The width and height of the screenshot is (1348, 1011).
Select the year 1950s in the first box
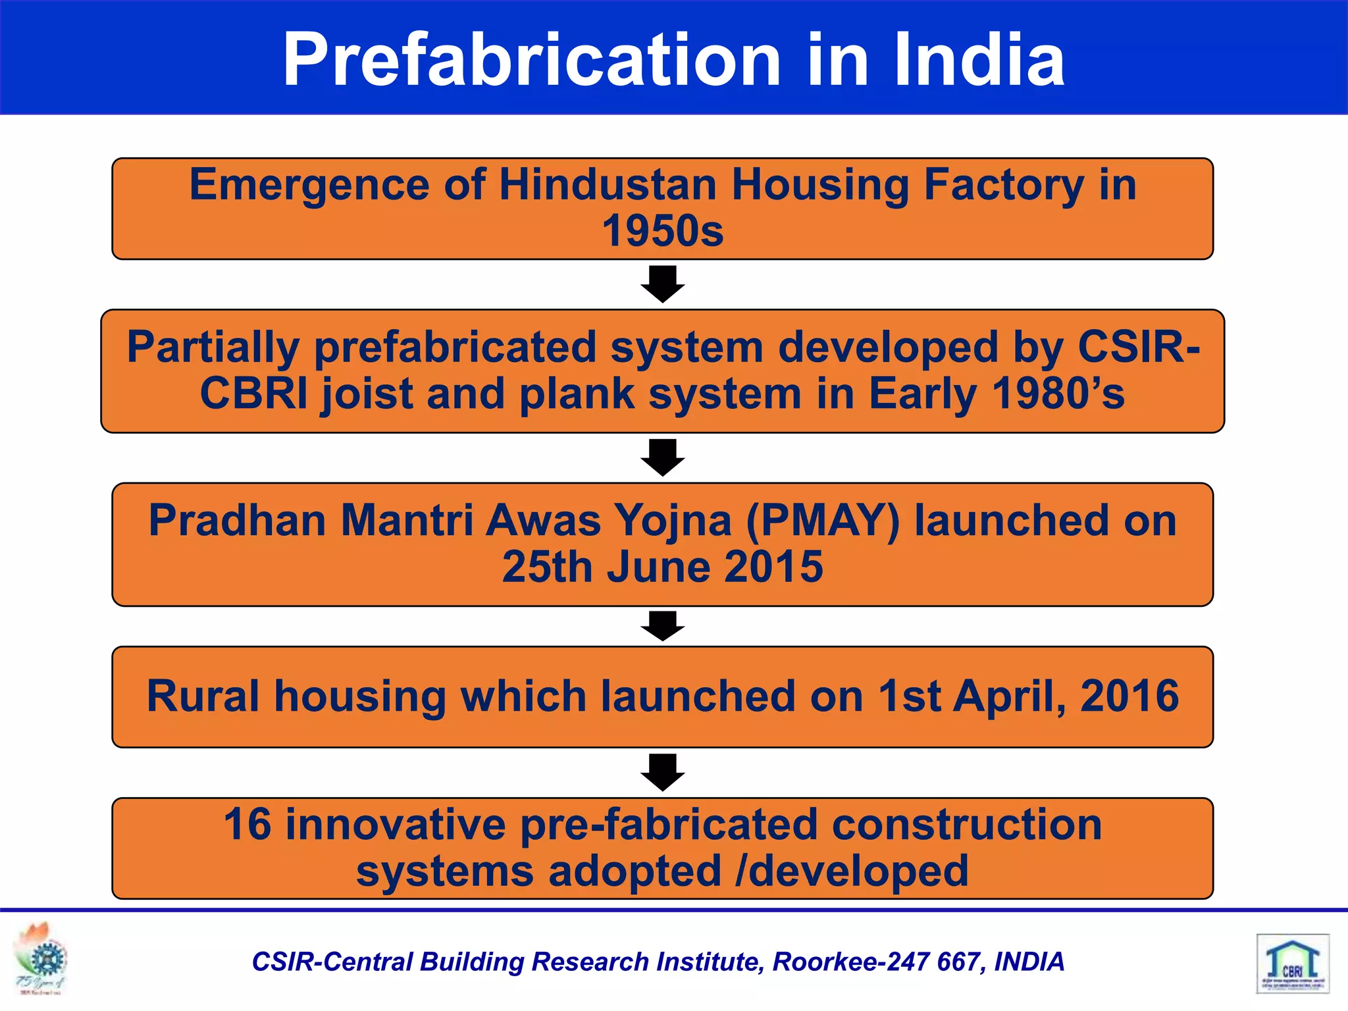click(662, 231)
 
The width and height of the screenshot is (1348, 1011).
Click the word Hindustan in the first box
click(608, 184)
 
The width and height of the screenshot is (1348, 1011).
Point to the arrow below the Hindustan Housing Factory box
click(663, 284)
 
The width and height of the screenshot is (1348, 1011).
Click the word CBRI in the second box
click(254, 394)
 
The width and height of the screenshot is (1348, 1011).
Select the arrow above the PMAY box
click(663, 457)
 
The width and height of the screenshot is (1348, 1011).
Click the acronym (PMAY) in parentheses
click(823, 521)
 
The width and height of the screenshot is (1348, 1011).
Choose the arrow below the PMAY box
click(663, 626)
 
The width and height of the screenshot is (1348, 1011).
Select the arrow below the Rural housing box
click(663, 771)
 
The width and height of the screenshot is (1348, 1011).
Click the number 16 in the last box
click(247, 824)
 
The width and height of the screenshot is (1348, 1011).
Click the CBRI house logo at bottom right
click(1293, 963)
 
